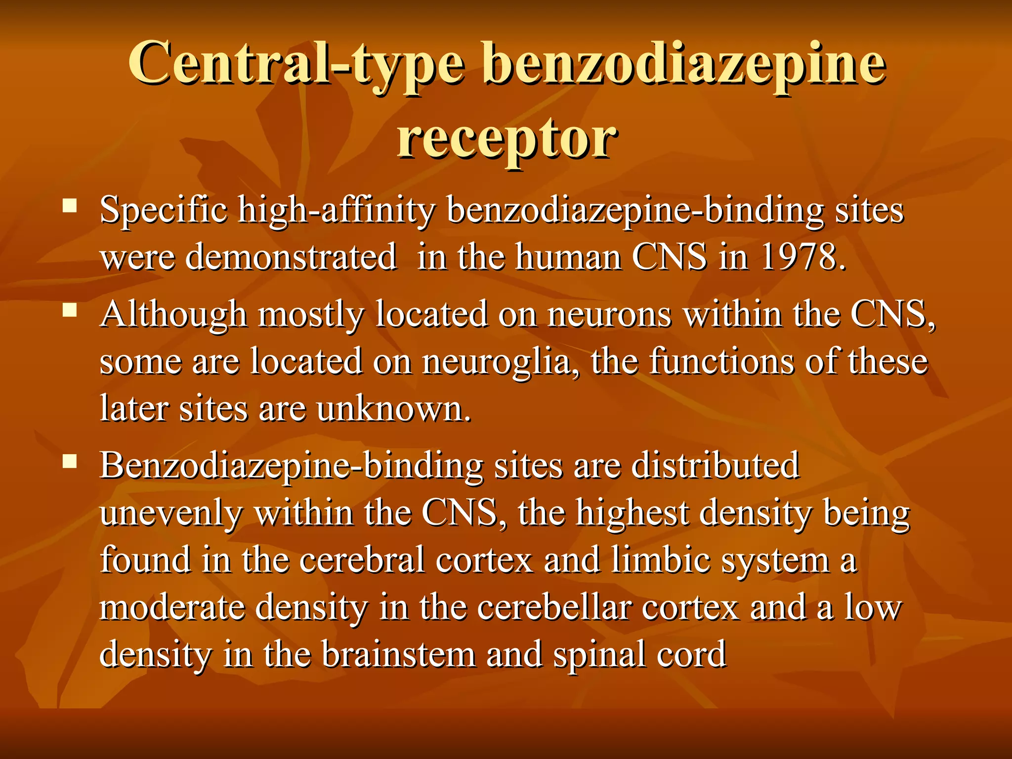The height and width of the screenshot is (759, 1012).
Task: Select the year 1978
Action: [801, 257]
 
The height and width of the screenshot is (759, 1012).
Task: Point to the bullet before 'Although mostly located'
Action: [70, 310]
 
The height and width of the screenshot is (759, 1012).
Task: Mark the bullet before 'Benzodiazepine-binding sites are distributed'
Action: [70, 462]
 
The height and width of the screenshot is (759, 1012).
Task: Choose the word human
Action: [568, 257]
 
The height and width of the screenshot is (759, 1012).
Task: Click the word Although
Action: [173, 314]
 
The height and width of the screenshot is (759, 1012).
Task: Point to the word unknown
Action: [393, 409]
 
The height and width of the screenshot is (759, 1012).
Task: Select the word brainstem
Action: [398, 654]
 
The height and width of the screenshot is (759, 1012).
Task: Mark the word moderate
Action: [172, 608]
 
